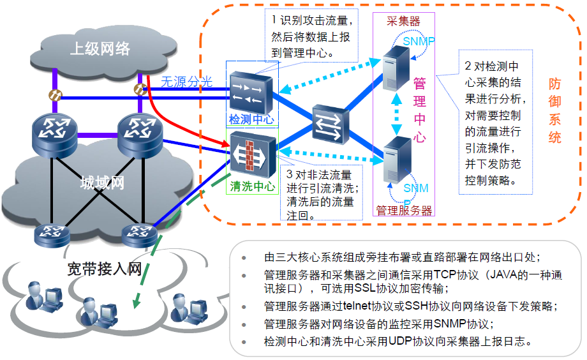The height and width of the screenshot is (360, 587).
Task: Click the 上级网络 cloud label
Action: pos(99,48)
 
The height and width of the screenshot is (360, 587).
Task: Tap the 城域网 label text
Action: pos(102,183)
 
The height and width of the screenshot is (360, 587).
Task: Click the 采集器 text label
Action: pos(403,21)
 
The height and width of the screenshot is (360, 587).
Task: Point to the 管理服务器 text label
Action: pos(403,210)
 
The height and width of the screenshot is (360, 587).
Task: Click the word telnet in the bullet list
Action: pos(357,306)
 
